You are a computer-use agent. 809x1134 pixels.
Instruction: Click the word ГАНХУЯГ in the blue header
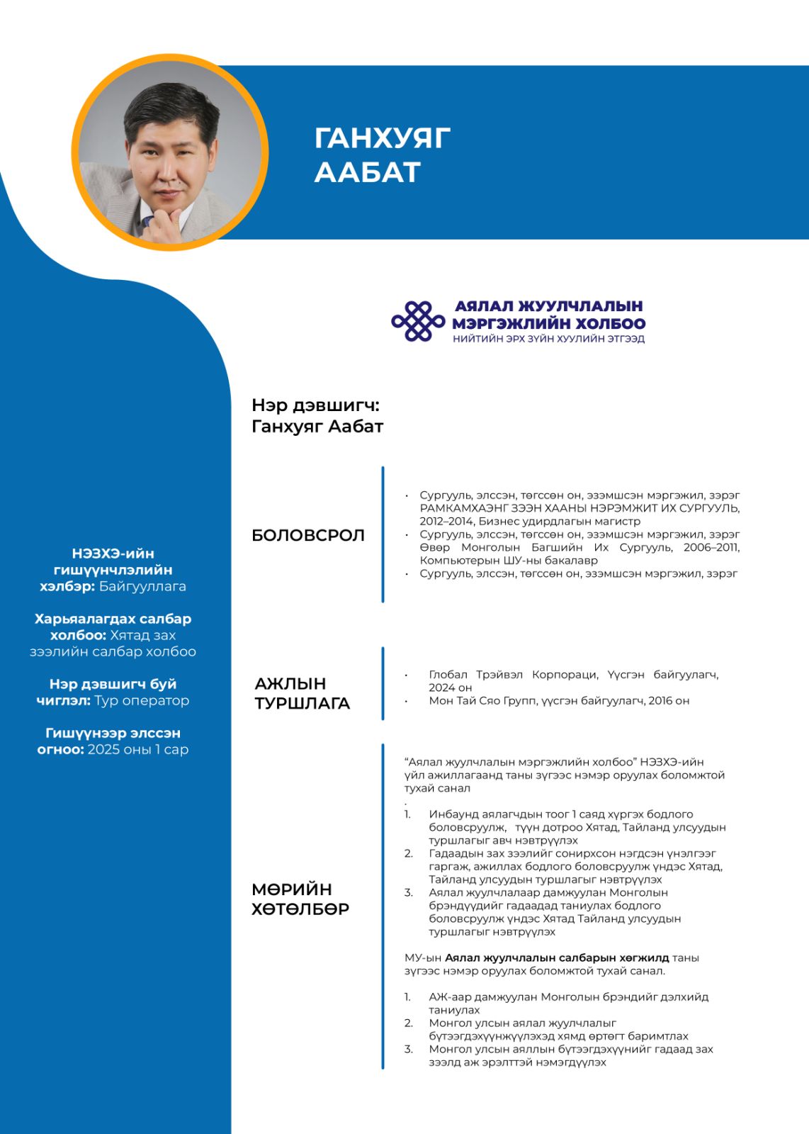pos(382,138)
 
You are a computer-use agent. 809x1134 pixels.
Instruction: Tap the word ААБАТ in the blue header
pos(367,172)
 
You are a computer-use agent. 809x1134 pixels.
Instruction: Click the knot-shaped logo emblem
pos(418,321)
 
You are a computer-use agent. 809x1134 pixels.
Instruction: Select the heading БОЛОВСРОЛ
pos(308,535)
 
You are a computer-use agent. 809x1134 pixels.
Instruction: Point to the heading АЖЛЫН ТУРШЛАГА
pos(302,693)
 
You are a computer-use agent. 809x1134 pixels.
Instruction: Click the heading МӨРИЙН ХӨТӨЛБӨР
pos(300,899)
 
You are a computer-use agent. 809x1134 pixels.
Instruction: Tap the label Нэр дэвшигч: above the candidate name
pos(315,405)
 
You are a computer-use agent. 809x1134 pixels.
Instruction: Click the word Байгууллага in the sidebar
pos(142,586)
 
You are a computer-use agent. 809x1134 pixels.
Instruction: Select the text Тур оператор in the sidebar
pos(142,700)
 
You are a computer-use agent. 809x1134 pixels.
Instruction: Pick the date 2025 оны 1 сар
pos(138,749)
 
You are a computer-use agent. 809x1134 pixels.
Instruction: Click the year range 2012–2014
pos(447,521)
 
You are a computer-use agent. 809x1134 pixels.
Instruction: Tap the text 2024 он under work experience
pos(450,687)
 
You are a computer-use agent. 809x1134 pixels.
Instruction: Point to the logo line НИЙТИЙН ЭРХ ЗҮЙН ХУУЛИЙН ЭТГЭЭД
pos(548,339)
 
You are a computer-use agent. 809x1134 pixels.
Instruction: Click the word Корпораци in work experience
pos(565,675)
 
